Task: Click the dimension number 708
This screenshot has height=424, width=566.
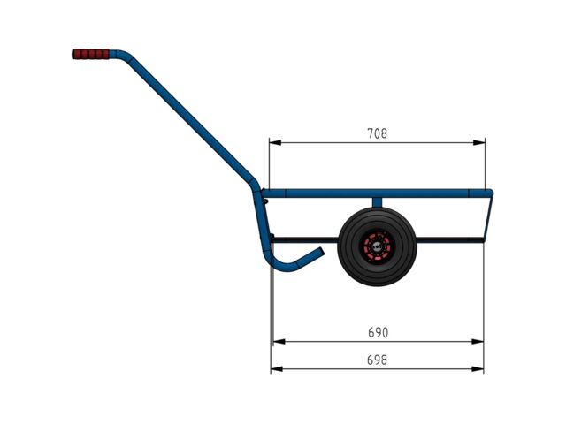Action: [x=378, y=133]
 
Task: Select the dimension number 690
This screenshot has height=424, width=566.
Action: [x=378, y=332]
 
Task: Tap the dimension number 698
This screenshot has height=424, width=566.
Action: [x=377, y=360]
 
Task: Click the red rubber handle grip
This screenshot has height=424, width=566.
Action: [x=90, y=55]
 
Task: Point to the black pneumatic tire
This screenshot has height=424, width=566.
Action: [x=378, y=247]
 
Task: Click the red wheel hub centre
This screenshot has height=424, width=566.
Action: [x=378, y=247]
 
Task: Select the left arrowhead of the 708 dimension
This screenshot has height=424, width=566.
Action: [x=275, y=143]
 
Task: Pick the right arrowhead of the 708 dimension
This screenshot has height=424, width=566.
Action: [x=479, y=143]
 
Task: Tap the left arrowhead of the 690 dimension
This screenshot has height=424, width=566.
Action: [x=279, y=342]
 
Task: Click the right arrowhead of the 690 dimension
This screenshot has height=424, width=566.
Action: [x=478, y=342]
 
